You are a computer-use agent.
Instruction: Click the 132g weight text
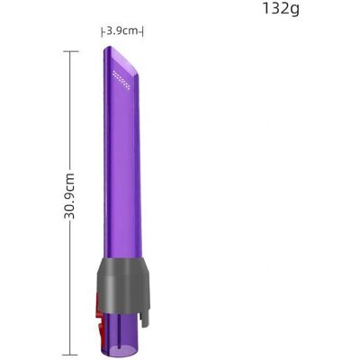point(281,9)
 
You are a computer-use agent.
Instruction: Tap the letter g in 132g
point(294,10)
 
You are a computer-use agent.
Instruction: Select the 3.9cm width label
point(122,31)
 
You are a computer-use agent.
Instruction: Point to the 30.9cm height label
point(69,196)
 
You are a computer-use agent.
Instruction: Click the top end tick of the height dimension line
point(70,51)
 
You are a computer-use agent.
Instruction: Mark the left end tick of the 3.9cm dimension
point(103,32)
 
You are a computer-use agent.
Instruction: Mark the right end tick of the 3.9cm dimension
point(142,32)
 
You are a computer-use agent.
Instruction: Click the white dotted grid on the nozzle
point(121,80)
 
